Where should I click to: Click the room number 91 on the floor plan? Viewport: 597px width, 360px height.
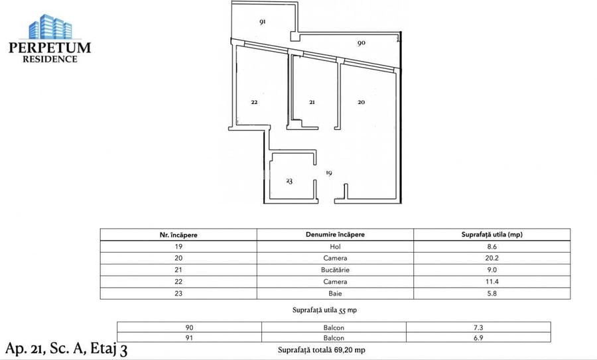point(263,22)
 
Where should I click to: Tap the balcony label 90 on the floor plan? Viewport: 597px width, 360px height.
point(362,43)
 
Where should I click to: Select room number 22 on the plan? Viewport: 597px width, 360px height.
point(254,102)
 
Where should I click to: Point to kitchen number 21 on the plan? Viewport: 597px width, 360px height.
point(312,102)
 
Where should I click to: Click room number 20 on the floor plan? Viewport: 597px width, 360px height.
point(361,102)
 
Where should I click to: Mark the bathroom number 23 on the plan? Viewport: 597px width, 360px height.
point(289,180)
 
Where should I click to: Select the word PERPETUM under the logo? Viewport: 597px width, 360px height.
point(50,48)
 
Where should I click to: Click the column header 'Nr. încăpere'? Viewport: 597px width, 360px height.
point(178,235)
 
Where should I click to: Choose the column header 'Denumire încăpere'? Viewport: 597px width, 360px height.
point(335,235)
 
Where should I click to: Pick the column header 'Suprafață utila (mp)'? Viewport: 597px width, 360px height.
point(492,235)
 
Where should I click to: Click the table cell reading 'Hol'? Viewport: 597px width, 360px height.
point(335,247)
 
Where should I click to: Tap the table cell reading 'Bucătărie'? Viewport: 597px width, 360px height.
point(335,270)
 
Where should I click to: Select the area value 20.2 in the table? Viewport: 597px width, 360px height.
point(492,259)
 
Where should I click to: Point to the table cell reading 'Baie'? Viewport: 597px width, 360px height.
point(335,294)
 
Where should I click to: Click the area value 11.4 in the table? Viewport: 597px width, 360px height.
point(492,282)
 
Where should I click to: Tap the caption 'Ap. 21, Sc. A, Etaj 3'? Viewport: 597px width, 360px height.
point(66,349)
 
